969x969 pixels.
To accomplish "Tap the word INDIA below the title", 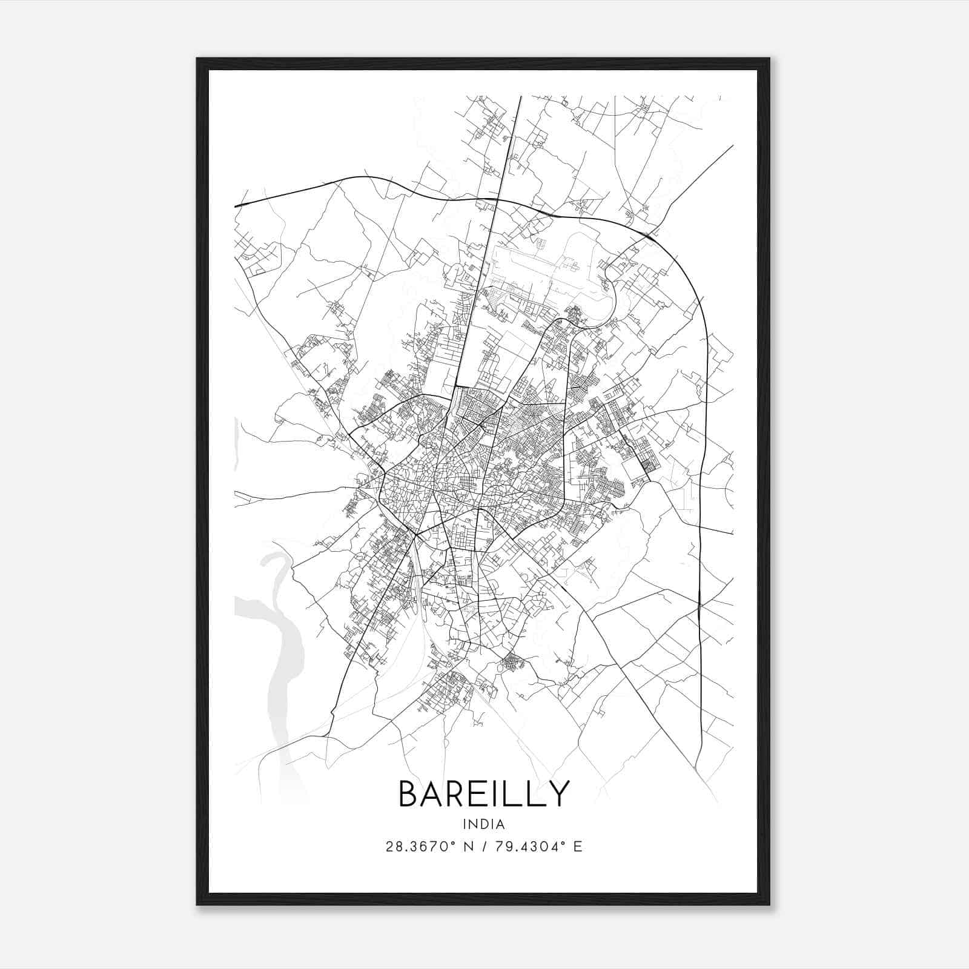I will point(484,824).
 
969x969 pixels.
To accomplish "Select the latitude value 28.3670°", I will point(417,847).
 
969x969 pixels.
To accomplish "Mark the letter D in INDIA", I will point(485,824).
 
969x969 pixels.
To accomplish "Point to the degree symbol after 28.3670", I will point(452,843).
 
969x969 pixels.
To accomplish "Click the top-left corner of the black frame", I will point(198,59).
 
